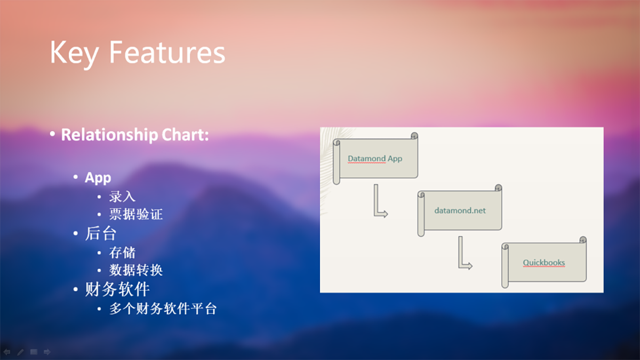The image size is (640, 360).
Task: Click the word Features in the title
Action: coord(167,53)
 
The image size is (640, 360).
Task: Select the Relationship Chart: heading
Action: coord(134,134)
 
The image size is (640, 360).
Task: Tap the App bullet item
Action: coord(98,178)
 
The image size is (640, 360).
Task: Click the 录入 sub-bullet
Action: coord(122,196)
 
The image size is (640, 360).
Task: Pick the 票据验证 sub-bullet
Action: coord(136,214)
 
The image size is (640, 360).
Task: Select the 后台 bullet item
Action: coord(101,234)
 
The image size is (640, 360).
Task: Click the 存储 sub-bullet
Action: coord(122,252)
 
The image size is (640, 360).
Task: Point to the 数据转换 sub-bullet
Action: coord(136,270)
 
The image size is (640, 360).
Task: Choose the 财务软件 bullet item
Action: coord(117,290)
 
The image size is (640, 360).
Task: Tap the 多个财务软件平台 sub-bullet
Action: coord(163,309)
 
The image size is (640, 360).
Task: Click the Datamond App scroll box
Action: coord(375,158)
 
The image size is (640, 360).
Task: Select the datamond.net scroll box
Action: coord(460,210)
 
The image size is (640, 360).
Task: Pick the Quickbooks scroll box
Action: coord(544,262)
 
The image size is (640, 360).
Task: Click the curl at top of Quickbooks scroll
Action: coord(583,240)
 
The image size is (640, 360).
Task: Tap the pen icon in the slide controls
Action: coord(20,352)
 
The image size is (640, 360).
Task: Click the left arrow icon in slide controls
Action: coord(7,352)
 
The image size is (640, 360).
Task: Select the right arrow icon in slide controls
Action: coord(47,352)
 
